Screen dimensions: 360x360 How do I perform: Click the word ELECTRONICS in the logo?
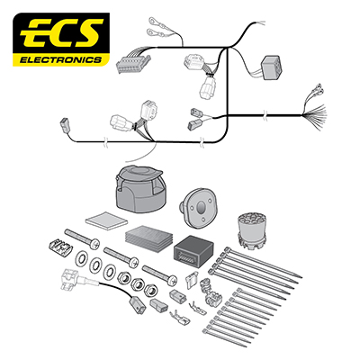61,60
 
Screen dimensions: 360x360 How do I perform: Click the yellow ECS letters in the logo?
62,33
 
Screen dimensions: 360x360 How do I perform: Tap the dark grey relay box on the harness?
271,67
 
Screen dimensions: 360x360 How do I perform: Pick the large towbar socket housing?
139,188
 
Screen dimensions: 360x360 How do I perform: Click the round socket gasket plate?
198,208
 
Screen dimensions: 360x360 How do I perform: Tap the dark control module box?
193,251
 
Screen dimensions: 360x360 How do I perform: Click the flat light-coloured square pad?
106,220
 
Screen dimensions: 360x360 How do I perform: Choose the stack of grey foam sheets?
148,238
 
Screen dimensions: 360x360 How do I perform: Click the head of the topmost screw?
95,243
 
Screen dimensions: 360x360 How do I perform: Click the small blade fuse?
192,281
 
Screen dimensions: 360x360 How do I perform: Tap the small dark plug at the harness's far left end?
65,125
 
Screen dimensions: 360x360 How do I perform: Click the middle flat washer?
96,265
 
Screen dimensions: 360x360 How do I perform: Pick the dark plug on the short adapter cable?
138,304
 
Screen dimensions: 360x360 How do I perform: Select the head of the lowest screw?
172,281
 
